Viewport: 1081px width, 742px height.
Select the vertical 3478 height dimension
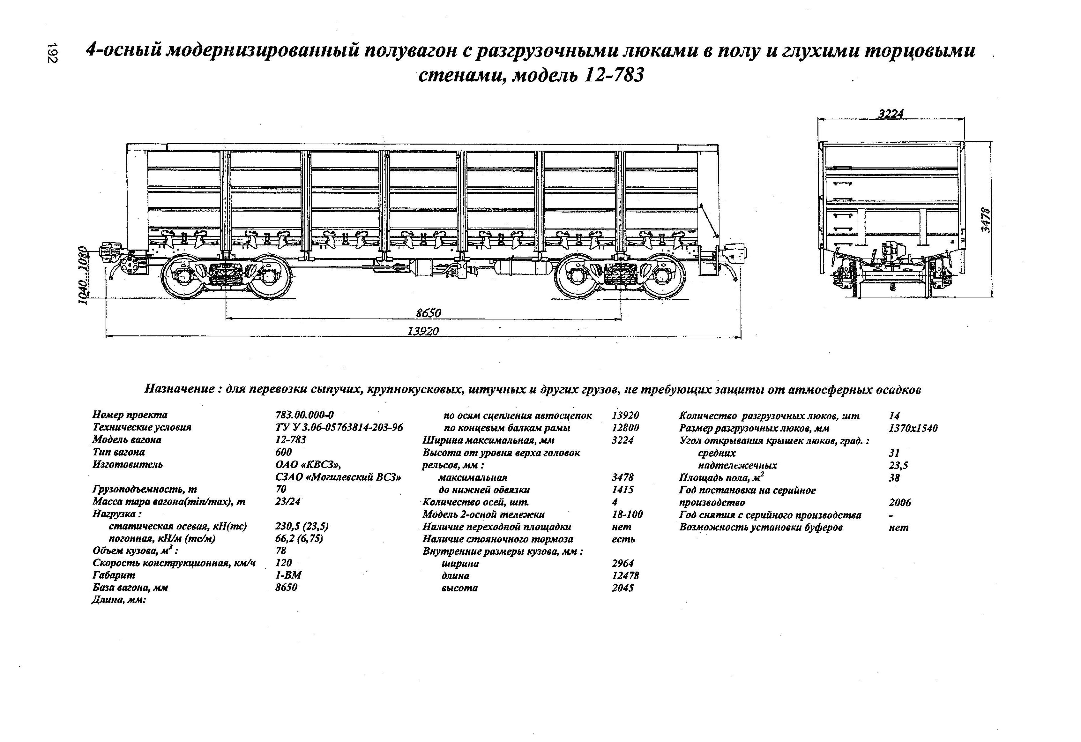(986, 220)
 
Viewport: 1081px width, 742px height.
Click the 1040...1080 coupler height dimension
(82, 275)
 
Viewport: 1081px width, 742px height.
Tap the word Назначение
(178, 388)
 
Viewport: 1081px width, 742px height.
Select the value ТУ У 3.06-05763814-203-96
(339, 427)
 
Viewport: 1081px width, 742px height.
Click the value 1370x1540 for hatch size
(913, 428)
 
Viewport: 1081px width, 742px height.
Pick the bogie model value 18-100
(627, 514)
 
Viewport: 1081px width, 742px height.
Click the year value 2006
(899, 502)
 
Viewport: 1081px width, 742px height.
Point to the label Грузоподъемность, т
(144, 489)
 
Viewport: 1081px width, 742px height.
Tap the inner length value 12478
(625, 575)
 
